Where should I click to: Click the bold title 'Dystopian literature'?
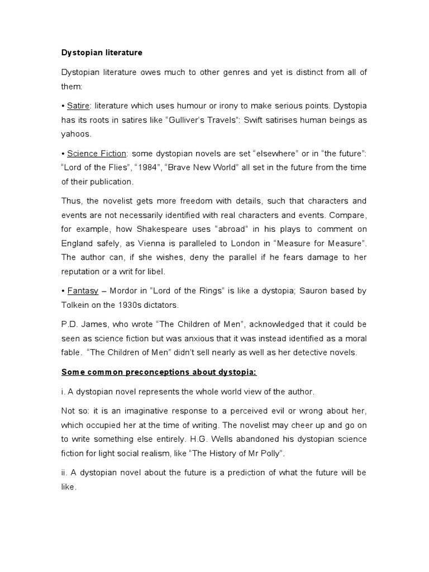(102, 53)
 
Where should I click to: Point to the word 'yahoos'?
(75, 135)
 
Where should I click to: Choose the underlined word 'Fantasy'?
(82, 291)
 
